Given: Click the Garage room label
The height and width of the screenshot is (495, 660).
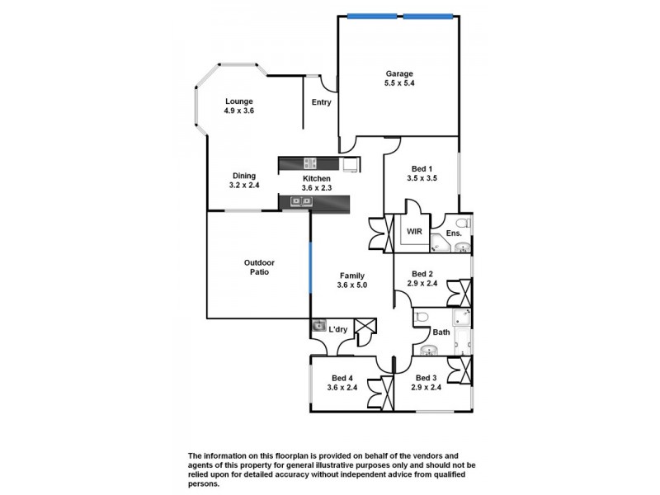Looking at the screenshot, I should [x=398, y=73].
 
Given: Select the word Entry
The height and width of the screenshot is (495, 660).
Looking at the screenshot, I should [x=321, y=102].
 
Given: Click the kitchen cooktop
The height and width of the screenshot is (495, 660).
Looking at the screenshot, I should [x=310, y=163].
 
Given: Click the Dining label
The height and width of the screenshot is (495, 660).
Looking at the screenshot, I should [x=243, y=175].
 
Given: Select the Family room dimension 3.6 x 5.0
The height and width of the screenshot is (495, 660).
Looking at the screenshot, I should [x=351, y=285].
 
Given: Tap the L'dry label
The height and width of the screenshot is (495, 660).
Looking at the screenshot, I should [x=337, y=330].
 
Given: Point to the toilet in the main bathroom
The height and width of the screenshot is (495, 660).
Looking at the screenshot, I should [x=420, y=318].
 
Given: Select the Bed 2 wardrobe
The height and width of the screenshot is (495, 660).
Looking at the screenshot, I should [x=458, y=293].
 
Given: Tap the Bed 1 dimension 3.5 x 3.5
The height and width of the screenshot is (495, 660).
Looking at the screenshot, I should [x=422, y=178].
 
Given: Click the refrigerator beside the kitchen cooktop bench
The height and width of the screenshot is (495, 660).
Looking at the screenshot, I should [x=351, y=163].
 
